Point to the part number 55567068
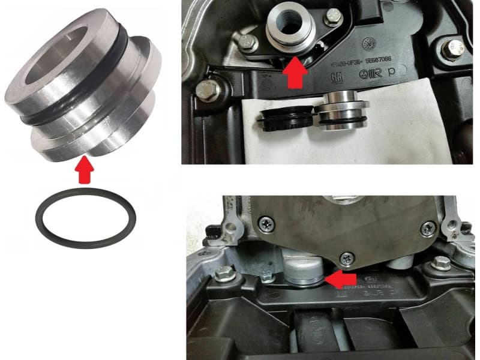click(x=373, y=59)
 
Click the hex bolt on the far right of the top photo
click(x=452, y=47)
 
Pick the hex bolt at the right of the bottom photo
click(x=441, y=262)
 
